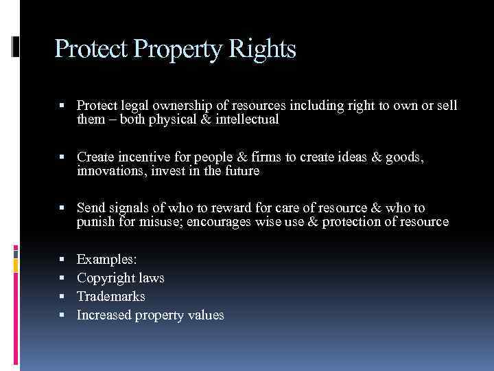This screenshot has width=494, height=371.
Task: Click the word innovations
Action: point(110,171)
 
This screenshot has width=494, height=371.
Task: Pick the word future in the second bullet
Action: point(241,171)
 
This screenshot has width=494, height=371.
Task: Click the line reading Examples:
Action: point(107,260)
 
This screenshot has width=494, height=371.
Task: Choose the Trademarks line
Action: point(111,297)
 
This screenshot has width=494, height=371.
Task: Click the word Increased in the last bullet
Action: point(104,315)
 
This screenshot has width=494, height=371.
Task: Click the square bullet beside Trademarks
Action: point(62,297)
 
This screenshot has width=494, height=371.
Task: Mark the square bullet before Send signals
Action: point(62,208)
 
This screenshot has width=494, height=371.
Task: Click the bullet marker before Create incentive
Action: point(62,157)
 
